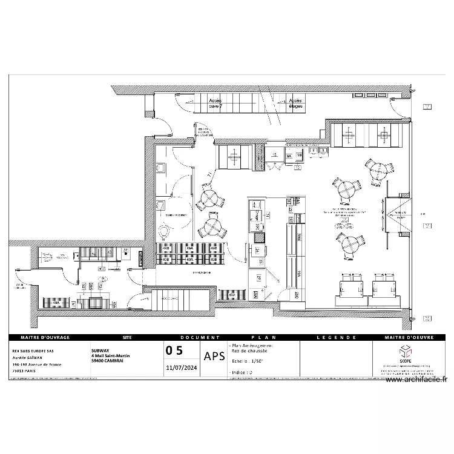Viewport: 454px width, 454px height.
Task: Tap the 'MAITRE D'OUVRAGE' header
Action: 45,337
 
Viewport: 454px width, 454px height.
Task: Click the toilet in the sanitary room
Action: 164,231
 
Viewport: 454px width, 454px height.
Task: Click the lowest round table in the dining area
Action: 350,244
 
